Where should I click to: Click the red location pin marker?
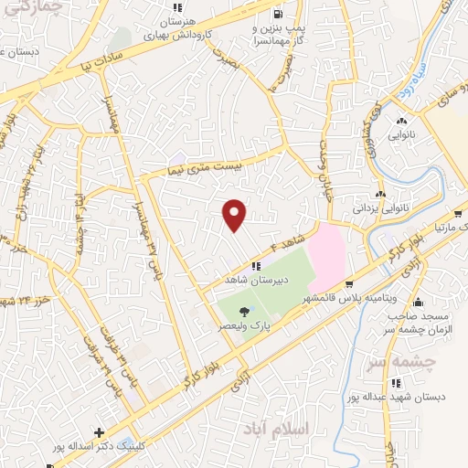[235, 214]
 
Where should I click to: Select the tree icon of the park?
[242, 312]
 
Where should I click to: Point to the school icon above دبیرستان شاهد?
[243, 266]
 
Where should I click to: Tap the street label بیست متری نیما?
[206, 167]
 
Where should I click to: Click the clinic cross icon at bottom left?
[100, 432]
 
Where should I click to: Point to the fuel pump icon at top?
[277, 15]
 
